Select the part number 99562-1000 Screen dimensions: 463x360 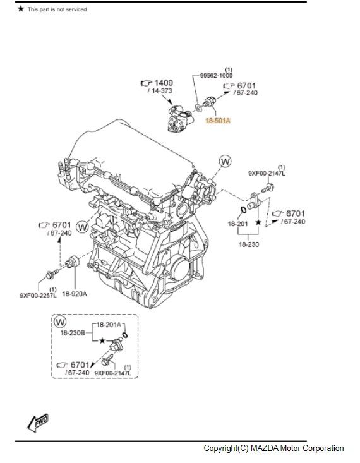[x=217, y=75]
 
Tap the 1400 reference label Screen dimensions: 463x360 [x=163, y=83]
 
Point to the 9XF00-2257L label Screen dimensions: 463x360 [x=37, y=294]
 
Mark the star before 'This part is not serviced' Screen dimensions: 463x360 [x=20, y=9]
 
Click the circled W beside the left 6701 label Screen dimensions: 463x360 [x=82, y=225]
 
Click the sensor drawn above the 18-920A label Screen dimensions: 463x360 [x=71, y=262]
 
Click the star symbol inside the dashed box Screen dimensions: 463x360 [x=102, y=340]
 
